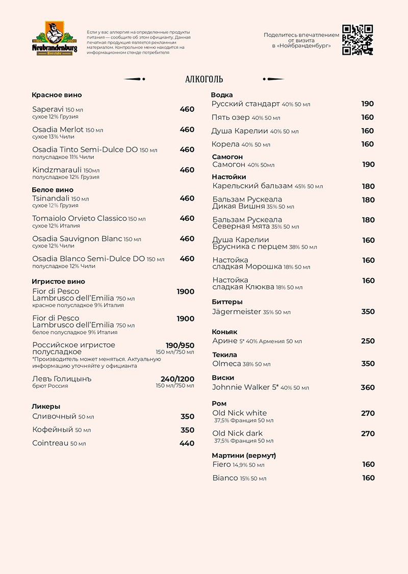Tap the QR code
tap(357, 39)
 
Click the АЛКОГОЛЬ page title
tap(204, 79)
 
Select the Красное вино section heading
tap(57, 95)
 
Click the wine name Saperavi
tap(48, 109)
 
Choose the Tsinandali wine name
tap(50, 198)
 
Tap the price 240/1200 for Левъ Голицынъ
tap(177, 379)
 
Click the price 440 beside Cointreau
tap(187, 443)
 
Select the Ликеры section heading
tap(46, 406)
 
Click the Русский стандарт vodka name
tap(245, 104)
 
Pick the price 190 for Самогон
tap(368, 164)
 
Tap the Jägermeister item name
tap(237, 312)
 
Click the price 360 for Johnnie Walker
tap(368, 387)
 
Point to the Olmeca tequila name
tap(226, 364)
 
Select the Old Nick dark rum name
tap(238, 434)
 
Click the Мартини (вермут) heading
tap(244, 455)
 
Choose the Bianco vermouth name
tap(225, 478)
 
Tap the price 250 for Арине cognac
tap(368, 341)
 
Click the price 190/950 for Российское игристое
tap(180, 345)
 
